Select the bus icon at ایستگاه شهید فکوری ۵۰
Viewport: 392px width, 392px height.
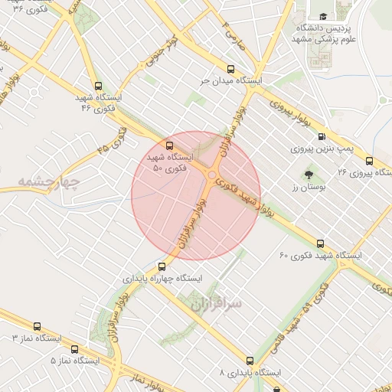(x=169, y=144)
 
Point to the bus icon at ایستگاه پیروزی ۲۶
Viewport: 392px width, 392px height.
(x=370, y=161)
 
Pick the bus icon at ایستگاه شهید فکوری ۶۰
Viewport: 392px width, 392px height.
(x=320, y=243)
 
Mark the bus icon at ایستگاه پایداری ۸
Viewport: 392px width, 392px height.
(x=250, y=360)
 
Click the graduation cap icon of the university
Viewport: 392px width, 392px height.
(x=323, y=16)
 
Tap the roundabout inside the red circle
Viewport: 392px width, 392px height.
(x=211, y=176)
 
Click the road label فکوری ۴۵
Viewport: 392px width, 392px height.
(x=114, y=139)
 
